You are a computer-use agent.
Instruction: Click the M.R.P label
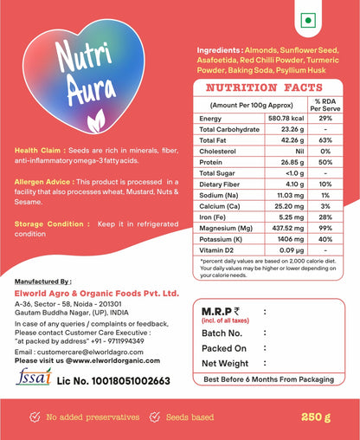pyautogui.click(x=223, y=313)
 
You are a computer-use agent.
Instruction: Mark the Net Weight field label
pyautogui.click(x=230, y=364)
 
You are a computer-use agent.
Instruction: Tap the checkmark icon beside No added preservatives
pyautogui.click(x=34, y=417)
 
